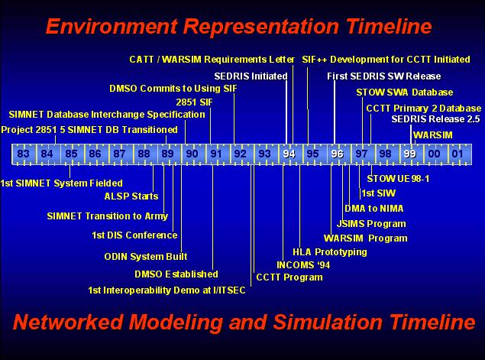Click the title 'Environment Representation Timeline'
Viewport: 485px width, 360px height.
[238, 27]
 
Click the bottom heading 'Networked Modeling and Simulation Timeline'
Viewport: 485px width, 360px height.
[244, 321]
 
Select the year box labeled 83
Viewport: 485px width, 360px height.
[23, 154]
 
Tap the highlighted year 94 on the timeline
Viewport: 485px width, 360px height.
[289, 154]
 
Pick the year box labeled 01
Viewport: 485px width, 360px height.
[458, 154]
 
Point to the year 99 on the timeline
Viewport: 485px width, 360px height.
[409, 154]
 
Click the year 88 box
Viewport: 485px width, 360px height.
[144, 154]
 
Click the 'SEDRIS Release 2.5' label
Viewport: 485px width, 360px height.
[435, 119]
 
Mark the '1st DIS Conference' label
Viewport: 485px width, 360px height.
[134, 235]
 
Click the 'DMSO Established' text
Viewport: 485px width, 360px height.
[176, 274]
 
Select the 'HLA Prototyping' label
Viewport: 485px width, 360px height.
[329, 251]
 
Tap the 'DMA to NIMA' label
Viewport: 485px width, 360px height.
[373, 208]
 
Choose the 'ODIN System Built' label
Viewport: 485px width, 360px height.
[146, 257]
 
